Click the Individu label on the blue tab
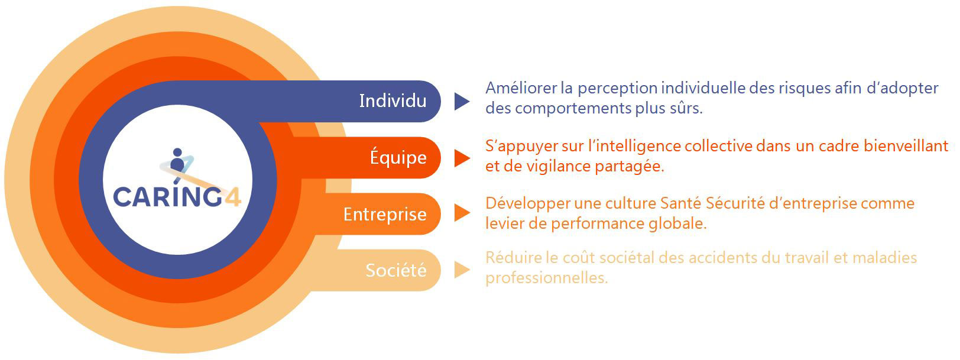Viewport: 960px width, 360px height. point(393,101)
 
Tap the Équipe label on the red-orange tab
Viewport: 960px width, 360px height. point(398,157)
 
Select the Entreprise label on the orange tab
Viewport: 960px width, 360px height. point(385,214)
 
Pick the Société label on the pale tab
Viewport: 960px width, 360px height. point(396,270)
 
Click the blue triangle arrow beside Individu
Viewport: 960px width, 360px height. point(462,102)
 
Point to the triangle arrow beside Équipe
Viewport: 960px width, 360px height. point(462,158)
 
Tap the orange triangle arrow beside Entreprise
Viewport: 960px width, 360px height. point(462,213)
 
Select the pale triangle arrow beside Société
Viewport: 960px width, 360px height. point(462,270)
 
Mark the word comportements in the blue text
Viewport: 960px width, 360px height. point(573,109)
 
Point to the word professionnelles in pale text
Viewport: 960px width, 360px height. point(547,278)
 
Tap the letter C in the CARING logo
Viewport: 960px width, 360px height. point(122,197)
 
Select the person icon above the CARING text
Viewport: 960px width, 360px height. point(177,160)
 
